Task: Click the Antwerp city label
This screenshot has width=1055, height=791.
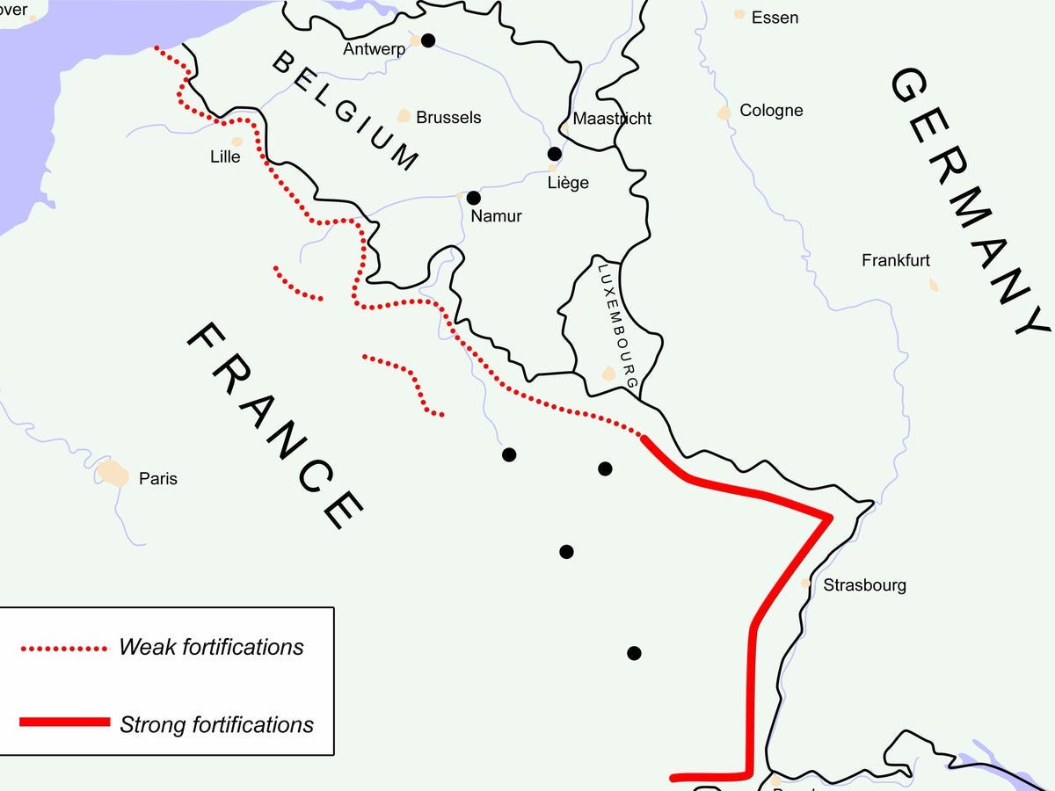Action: coord(375,49)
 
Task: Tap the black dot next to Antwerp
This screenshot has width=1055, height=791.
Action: coord(428,40)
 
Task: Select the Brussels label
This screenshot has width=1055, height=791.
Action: coord(448,117)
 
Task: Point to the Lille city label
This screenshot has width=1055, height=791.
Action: coord(225,157)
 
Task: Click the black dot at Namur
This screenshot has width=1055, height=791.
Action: coord(474,198)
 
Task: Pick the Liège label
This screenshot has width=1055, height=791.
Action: coord(568,183)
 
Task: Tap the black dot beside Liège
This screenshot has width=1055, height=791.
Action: coord(554,154)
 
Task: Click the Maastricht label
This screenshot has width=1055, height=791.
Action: coord(612,118)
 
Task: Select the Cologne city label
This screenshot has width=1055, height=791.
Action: coord(771,111)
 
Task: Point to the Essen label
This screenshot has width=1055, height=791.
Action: coord(775,18)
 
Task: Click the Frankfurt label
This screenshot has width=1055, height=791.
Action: coord(896,260)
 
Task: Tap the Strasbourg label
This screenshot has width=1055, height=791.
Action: coord(864,585)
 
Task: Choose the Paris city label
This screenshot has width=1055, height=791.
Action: coord(158,479)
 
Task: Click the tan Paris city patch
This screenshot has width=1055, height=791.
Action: coord(113,472)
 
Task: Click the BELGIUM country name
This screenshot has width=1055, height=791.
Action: coord(345,110)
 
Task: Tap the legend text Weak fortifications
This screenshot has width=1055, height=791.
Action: coord(211,648)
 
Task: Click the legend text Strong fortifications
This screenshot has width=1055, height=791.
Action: coord(216,725)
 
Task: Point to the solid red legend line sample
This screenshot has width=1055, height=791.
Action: coord(65,722)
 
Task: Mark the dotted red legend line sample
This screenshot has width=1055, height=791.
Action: coord(63,649)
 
